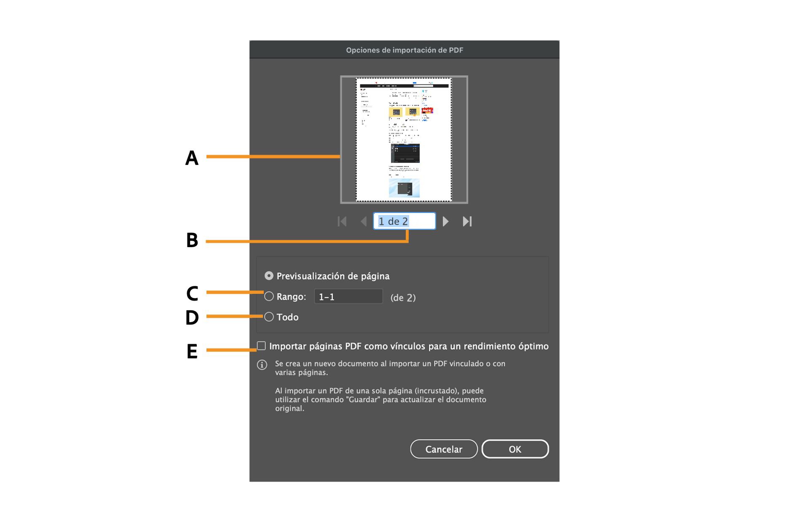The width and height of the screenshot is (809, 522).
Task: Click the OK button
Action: pyautogui.click(x=515, y=449)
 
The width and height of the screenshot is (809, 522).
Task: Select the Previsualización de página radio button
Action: pyautogui.click(x=269, y=276)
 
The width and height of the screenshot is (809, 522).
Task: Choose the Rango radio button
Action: pyautogui.click(x=269, y=296)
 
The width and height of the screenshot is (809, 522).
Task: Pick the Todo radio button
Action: pyautogui.click(x=269, y=317)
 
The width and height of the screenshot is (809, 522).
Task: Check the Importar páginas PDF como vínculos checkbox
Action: pyautogui.click(x=262, y=346)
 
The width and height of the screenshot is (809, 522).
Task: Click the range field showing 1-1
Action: pyautogui.click(x=348, y=297)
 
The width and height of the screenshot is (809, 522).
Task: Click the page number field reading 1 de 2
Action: pyautogui.click(x=404, y=221)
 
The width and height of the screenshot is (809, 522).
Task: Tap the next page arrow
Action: pyautogui.click(x=445, y=221)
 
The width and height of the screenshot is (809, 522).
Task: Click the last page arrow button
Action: pyautogui.click(x=467, y=221)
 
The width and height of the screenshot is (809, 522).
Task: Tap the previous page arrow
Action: pyautogui.click(x=364, y=221)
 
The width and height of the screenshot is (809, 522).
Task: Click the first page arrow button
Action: pyautogui.click(x=342, y=221)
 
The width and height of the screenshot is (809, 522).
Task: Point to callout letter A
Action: pyautogui.click(x=192, y=158)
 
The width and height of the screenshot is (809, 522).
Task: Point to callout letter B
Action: pyautogui.click(x=192, y=240)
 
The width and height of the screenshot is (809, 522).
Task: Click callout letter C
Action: pyautogui.click(x=192, y=294)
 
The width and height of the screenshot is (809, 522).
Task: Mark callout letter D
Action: pyautogui.click(x=192, y=318)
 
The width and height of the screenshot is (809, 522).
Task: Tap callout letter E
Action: pyautogui.click(x=192, y=352)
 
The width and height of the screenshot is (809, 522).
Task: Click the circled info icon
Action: pyautogui.click(x=262, y=365)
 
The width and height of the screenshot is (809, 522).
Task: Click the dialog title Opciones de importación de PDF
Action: pyautogui.click(x=404, y=50)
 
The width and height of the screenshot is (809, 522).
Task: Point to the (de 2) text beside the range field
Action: pyautogui.click(x=403, y=298)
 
